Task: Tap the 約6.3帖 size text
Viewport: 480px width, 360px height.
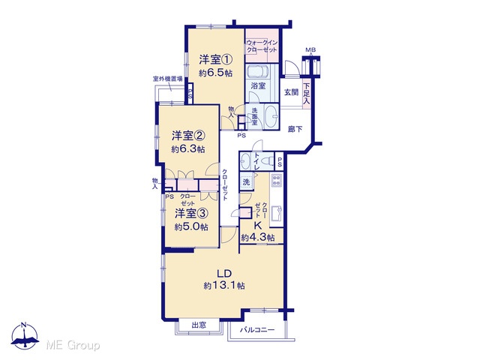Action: pos(188,149)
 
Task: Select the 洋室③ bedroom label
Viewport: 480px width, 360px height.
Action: pos(191,213)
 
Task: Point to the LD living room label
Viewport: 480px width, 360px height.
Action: pos(223,273)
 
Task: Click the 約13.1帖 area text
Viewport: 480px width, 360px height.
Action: pos(224,286)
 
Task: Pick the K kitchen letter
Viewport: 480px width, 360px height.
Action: pos(258,226)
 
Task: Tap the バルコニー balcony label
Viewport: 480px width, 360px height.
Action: pos(257,330)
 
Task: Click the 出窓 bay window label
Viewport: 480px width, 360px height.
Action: pos(199,325)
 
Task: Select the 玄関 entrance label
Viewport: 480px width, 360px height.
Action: pos(291,91)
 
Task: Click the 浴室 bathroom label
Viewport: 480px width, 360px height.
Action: pos(258,85)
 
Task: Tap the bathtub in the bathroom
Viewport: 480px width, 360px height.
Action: pos(258,72)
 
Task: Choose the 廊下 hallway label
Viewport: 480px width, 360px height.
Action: pos(295,129)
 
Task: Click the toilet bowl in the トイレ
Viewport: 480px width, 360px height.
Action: pos(268,160)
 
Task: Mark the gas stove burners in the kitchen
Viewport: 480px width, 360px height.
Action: pos(277,180)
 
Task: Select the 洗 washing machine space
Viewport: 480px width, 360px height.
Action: pos(247,181)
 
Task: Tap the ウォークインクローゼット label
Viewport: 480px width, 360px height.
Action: pos(262,46)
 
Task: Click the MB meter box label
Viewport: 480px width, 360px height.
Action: pos(310,50)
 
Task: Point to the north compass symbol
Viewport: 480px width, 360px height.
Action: pos(25,336)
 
